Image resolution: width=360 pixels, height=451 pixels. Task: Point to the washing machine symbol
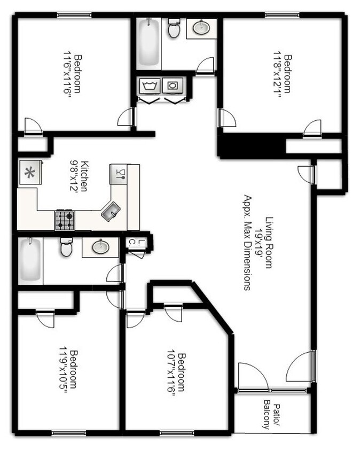click(x=147, y=85)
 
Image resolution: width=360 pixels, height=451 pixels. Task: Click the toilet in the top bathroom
click(x=174, y=30)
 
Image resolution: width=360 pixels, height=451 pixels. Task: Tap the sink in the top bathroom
click(x=201, y=28)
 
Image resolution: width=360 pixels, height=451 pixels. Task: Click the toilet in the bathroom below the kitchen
click(x=66, y=247)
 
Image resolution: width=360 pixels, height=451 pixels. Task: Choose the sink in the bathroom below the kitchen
click(x=99, y=247)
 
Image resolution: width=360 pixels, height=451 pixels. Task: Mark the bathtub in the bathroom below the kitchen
click(x=30, y=261)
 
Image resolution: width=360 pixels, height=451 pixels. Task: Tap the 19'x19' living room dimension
click(x=260, y=242)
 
